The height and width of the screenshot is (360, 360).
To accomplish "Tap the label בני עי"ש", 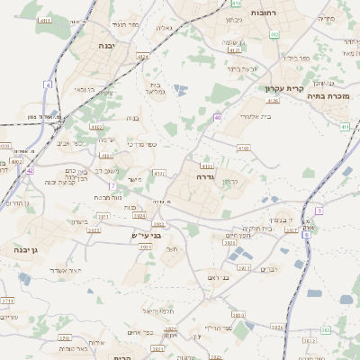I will tap(144, 235).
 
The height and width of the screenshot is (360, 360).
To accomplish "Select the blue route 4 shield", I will tap(48, 84).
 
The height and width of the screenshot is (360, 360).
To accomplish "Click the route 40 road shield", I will tap(218, 117).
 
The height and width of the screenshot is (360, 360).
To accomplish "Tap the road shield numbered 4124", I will tap(142, 56).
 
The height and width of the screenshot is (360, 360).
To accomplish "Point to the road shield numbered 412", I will tap(274, 34).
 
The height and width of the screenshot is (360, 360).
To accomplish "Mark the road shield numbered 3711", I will tap(7, 301).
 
